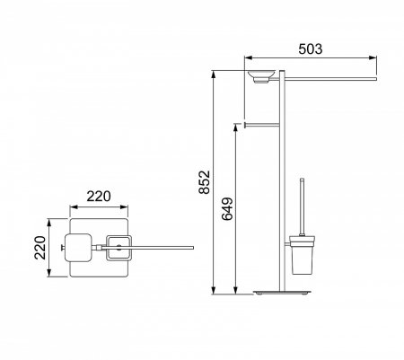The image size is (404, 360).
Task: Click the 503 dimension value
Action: (x=311, y=49)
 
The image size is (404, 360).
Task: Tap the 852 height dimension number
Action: (x=205, y=182)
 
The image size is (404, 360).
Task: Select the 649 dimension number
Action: (x=228, y=209)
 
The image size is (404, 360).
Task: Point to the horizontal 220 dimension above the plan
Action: (x=99, y=197)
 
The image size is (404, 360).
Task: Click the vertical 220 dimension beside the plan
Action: (x=40, y=248)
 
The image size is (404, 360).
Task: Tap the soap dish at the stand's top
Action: (x=261, y=76)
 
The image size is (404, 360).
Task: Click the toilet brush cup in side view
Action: (x=303, y=255)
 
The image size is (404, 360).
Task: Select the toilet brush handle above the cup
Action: (x=303, y=206)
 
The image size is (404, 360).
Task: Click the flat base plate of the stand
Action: (x=282, y=293)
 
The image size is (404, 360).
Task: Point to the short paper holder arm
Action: (x=262, y=125)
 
